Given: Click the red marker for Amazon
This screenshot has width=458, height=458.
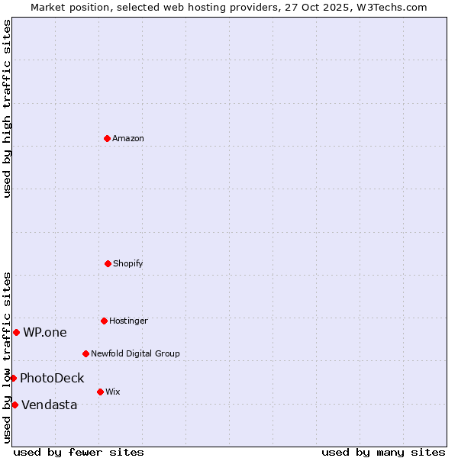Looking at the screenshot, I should pyautogui.click(x=107, y=138).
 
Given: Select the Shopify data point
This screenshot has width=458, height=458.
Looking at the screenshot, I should pyautogui.click(x=108, y=263).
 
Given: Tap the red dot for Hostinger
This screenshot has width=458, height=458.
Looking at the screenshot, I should pyautogui.click(x=104, y=321).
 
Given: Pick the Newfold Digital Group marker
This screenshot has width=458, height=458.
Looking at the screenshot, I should pyautogui.click(x=85, y=353).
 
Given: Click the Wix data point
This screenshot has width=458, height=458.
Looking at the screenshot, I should pyautogui.click(x=100, y=392).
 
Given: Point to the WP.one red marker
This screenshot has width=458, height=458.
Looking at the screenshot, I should pyautogui.click(x=16, y=332).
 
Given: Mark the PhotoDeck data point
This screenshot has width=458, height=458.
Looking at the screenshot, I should pyautogui.click(x=13, y=378).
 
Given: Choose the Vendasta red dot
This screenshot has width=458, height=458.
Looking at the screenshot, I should pyautogui.click(x=15, y=405).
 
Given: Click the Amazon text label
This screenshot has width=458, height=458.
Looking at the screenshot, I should pyautogui.click(x=128, y=138).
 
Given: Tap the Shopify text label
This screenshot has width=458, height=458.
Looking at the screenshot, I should pyautogui.click(x=128, y=263).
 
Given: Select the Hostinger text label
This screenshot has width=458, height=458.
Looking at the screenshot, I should pyautogui.click(x=128, y=321).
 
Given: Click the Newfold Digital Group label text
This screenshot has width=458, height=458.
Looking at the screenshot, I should pyautogui.click(x=135, y=353).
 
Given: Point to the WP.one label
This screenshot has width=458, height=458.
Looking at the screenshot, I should pyautogui.click(x=45, y=332).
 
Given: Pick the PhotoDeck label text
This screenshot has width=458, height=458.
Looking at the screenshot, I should pyautogui.click(x=52, y=378).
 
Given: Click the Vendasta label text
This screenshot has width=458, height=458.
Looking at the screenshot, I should pyautogui.click(x=50, y=405).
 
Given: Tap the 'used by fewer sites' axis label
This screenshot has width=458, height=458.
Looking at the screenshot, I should pyautogui.click(x=79, y=452).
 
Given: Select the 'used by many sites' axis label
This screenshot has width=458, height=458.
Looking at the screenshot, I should pyautogui.click(x=383, y=452).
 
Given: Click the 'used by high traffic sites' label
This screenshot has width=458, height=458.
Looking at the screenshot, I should pyautogui.click(x=7, y=108).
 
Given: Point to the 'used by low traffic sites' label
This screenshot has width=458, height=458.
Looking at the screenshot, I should pyautogui.click(x=7, y=357).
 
